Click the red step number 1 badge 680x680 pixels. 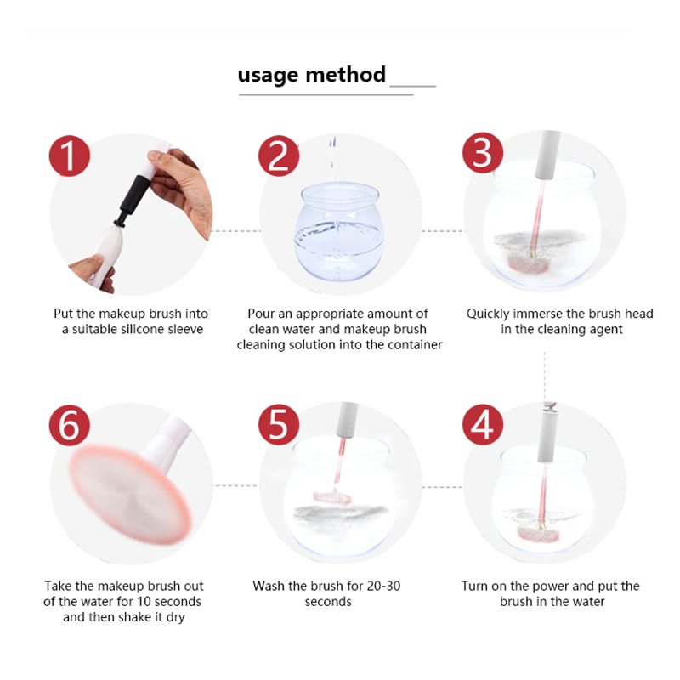click(x=70, y=156)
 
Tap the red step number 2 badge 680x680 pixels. click(x=279, y=156)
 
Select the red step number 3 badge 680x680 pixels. click(x=483, y=153)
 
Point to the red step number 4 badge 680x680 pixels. click(x=483, y=424)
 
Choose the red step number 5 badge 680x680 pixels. click(x=279, y=424)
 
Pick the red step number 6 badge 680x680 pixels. click(x=70, y=424)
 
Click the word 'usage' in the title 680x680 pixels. click(x=269, y=76)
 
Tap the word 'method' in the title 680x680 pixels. click(x=346, y=74)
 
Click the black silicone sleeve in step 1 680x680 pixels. click(x=133, y=198)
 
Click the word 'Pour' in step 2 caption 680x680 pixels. click(x=261, y=314)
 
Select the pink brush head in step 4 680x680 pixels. click(x=537, y=535)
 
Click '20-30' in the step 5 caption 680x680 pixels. click(x=383, y=586)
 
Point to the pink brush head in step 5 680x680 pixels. click(x=331, y=497)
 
